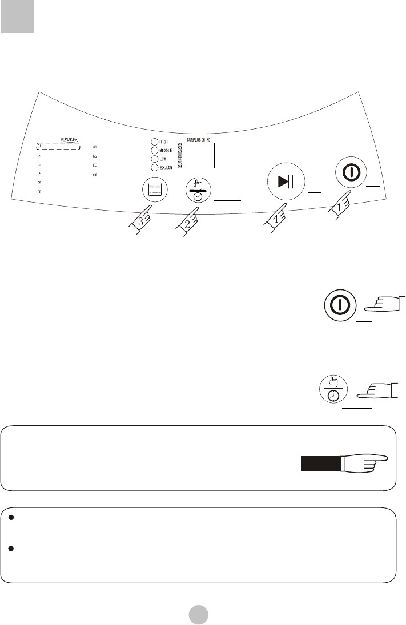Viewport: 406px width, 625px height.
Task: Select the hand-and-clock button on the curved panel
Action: (198, 190)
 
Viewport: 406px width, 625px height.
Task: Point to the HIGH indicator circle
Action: (154, 142)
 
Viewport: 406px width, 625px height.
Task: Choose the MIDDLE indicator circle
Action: (154, 151)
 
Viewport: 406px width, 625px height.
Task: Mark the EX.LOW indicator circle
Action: (154, 168)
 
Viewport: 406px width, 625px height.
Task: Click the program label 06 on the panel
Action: (39, 192)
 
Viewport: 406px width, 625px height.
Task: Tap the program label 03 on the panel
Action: (39, 164)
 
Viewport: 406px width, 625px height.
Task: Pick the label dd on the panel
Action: (94, 174)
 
